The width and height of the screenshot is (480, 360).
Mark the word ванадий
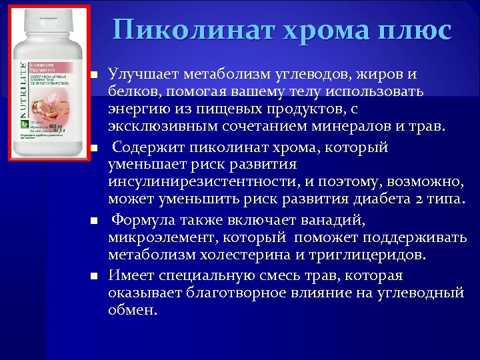[x=329, y=220]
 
